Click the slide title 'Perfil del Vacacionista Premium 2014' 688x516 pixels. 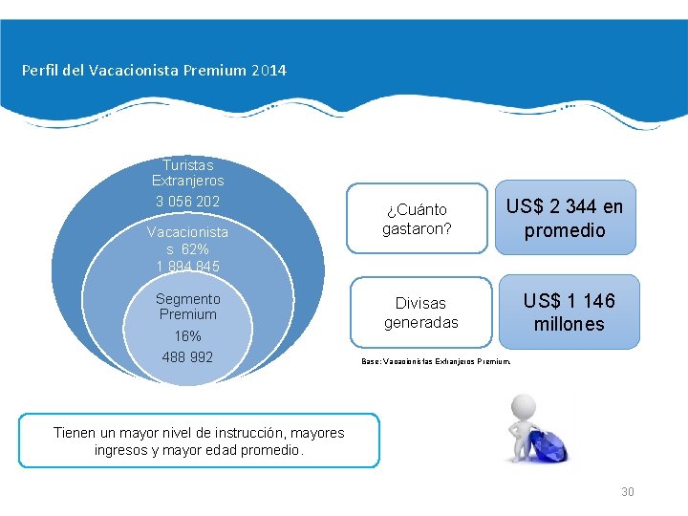tap(154, 71)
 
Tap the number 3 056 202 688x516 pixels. tap(187, 202)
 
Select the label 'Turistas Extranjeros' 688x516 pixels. tap(187, 172)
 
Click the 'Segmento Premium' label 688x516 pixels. tap(187, 306)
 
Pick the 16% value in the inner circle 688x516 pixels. tap(187, 336)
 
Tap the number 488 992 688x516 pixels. tap(187, 357)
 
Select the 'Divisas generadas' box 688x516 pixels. tap(420, 312)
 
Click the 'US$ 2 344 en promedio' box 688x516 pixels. tap(565, 218)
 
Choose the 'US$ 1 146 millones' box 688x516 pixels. tap(569, 312)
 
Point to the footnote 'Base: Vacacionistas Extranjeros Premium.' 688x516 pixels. tap(436, 362)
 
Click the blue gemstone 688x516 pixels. tap(548, 445)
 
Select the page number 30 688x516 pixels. tap(628, 492)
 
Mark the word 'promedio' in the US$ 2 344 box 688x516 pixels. tap(565, 230)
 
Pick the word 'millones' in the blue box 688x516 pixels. tap(569, 324)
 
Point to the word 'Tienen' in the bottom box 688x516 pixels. tap(75, 433)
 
